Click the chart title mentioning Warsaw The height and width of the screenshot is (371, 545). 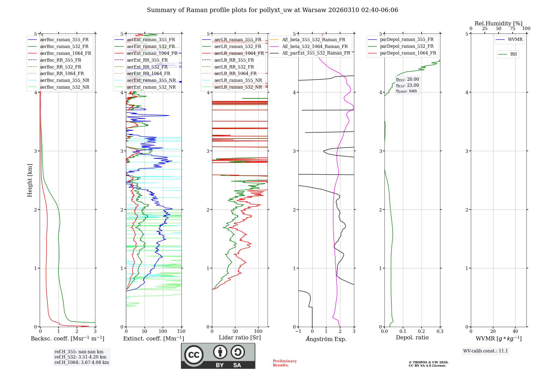pos(272,10)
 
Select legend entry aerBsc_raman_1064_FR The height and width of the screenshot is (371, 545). pos(65,53)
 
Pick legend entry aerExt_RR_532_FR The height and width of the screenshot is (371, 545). pos(147,67)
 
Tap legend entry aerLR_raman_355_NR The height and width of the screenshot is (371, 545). pos(238,80)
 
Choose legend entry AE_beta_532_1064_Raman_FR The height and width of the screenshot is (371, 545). pos(315,47)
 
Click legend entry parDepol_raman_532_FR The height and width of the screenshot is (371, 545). pos(407,46)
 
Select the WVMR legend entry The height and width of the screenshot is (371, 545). pos(515,40)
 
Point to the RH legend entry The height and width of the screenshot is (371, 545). pos(513,54)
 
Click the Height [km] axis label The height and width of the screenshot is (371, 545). pos(30,180)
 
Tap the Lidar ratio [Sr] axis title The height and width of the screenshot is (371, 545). pos(240,337)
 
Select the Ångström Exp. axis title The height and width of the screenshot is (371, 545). pos(326,339)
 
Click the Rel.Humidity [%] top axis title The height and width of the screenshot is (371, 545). pos(498,23)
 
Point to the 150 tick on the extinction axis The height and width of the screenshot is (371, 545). pos(181,331)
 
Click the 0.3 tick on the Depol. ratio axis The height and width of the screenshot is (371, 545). pos(440,331)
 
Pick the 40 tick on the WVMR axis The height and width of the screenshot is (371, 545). pos(515,331)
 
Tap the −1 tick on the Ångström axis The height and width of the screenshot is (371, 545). pos(298,331)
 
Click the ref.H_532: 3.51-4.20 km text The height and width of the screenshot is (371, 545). pos(80,357)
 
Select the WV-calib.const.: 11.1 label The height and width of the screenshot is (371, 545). pos(486,351)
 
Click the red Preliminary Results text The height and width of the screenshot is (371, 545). pos(284,363)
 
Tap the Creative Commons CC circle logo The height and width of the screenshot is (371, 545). pos(194,355)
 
